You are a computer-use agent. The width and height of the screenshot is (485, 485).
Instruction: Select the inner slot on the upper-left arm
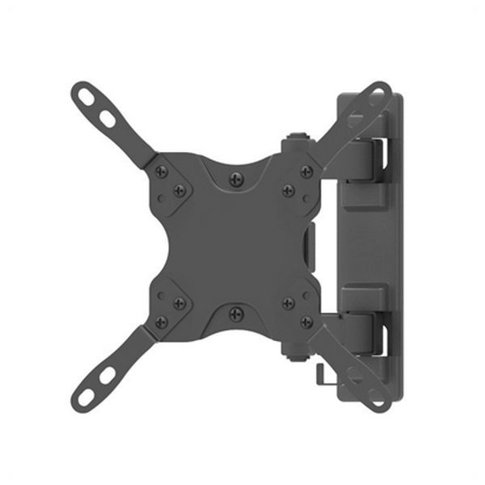point(107,119)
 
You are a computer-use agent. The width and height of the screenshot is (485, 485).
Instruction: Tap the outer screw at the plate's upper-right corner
point(306,171)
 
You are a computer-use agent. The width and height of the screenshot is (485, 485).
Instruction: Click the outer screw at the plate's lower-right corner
point(306,320)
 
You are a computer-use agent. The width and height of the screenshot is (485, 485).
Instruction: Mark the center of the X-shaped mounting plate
point(234,245)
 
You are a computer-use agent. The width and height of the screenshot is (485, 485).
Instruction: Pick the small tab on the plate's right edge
point(312,245)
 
